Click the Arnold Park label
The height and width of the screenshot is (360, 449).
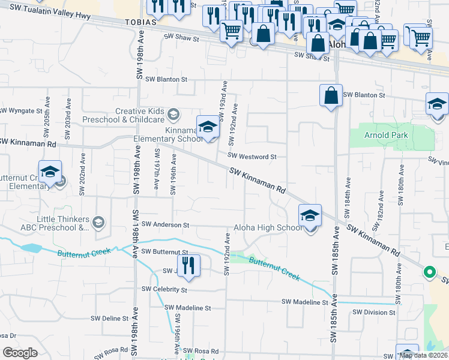pyautogui.click(x=386, y=135)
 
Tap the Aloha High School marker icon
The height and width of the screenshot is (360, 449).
pyautogui.click(x=310, y=215)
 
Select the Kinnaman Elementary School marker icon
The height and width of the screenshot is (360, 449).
pyautogui.click(x=208, y=127)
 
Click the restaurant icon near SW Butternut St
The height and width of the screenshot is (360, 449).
pyautogui.click(x=188, y=266)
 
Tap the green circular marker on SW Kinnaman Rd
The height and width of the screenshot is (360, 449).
pyautogui.click(x=429, y=272)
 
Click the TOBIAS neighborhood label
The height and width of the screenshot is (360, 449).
pyautogui.click(x=142, y=21)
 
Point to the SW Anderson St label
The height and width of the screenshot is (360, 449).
pyautogui.click(x=165, y=225)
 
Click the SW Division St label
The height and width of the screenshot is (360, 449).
pyautogui.click(x=373, y=312)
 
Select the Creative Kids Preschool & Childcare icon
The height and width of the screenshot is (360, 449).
pyautogui.click(x=173, y=113)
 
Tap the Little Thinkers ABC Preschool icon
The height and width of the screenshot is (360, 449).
pyautogui.click(x=99, y=223)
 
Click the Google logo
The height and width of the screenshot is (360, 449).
pyautogui.click(x=19, y=353)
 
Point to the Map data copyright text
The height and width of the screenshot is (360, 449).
pyautogui.click(x=423, y=356)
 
